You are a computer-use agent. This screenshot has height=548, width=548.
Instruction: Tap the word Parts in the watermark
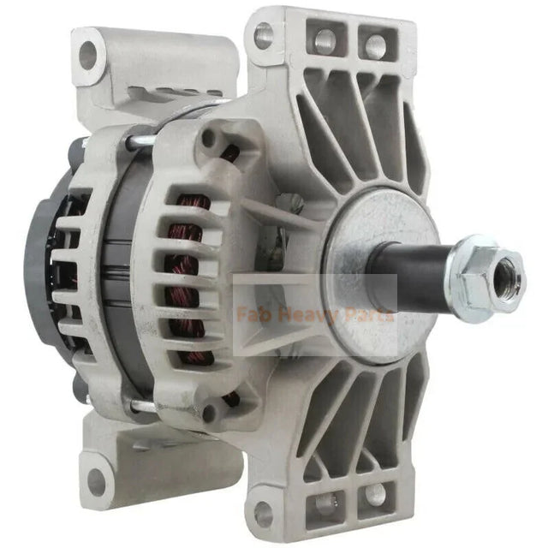pyautogui.click(x=363, y=315)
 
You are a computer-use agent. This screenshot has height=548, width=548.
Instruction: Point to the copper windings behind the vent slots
pyautogui.click(x=188, y=274)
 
